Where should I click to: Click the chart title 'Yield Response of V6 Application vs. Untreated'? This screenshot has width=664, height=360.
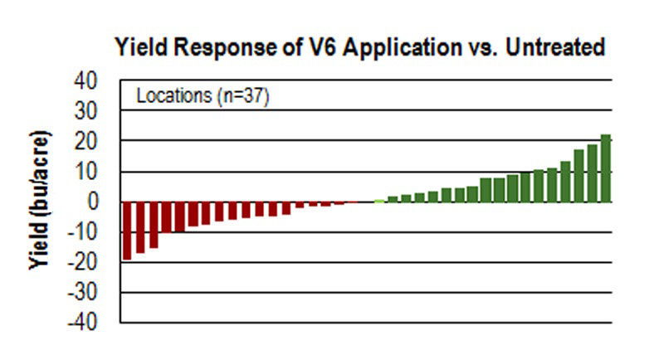[x=359, y=48]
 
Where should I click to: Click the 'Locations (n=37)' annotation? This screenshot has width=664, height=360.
[x=203, y=95]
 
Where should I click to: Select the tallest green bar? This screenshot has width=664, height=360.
[x=606, y=168]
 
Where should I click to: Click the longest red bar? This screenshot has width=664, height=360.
[x=127, y=231]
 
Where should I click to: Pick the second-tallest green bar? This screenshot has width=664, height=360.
[x=593, y=173]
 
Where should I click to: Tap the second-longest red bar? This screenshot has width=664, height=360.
[x=140, y=227]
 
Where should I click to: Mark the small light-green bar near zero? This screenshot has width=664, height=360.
[x=379, y=201]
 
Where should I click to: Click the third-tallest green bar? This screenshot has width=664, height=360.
[x=579, y=176]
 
